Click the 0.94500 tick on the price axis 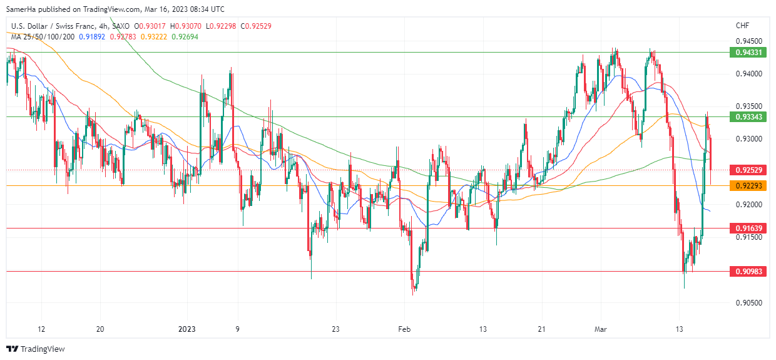coord(748,41)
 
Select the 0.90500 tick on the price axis coord(748,303)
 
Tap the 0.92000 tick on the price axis coord(748,205)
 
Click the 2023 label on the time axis coord(187,329)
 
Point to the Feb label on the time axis coord(404,329)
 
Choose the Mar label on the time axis coord(601,329)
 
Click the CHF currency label coord(742,26)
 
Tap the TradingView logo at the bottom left coord(36,349)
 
